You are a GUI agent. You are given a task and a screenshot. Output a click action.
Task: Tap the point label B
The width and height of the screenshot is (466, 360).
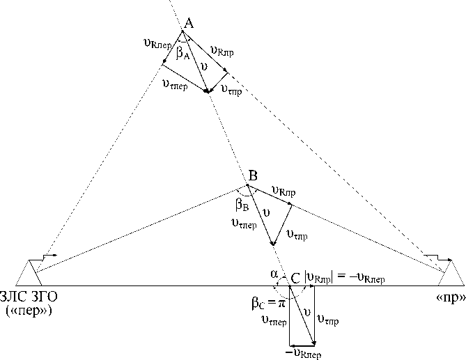point(253,175)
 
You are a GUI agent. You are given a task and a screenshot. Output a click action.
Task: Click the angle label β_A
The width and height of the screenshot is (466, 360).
point(183,54)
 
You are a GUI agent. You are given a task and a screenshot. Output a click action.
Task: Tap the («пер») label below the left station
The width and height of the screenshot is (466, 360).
point(31,308)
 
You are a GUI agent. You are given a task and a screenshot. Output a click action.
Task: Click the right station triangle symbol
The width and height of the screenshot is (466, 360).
point(451,272)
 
